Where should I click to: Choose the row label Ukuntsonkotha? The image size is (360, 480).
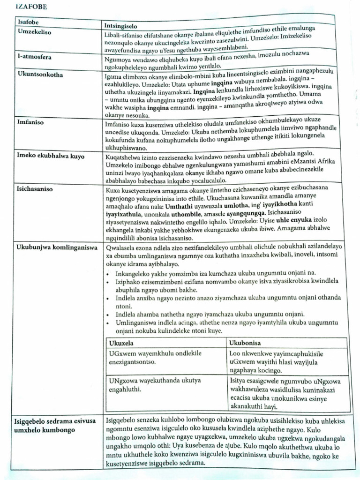pos(40,74)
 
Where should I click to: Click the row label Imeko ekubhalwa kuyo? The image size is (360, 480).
pos(51,156)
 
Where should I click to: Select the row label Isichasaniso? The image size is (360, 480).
pos(35,190)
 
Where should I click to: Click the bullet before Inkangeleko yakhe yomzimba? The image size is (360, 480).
pos(109,273)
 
